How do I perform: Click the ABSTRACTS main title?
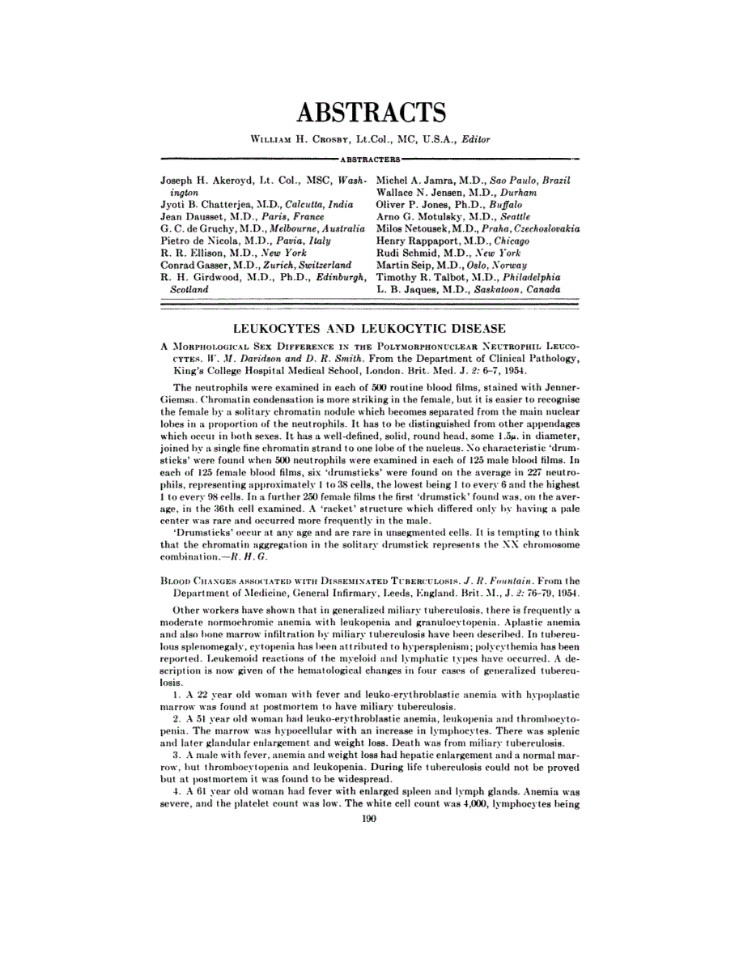(371, 112)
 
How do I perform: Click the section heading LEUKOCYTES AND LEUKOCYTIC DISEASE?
(369, 328)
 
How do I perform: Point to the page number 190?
(371, 819)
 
